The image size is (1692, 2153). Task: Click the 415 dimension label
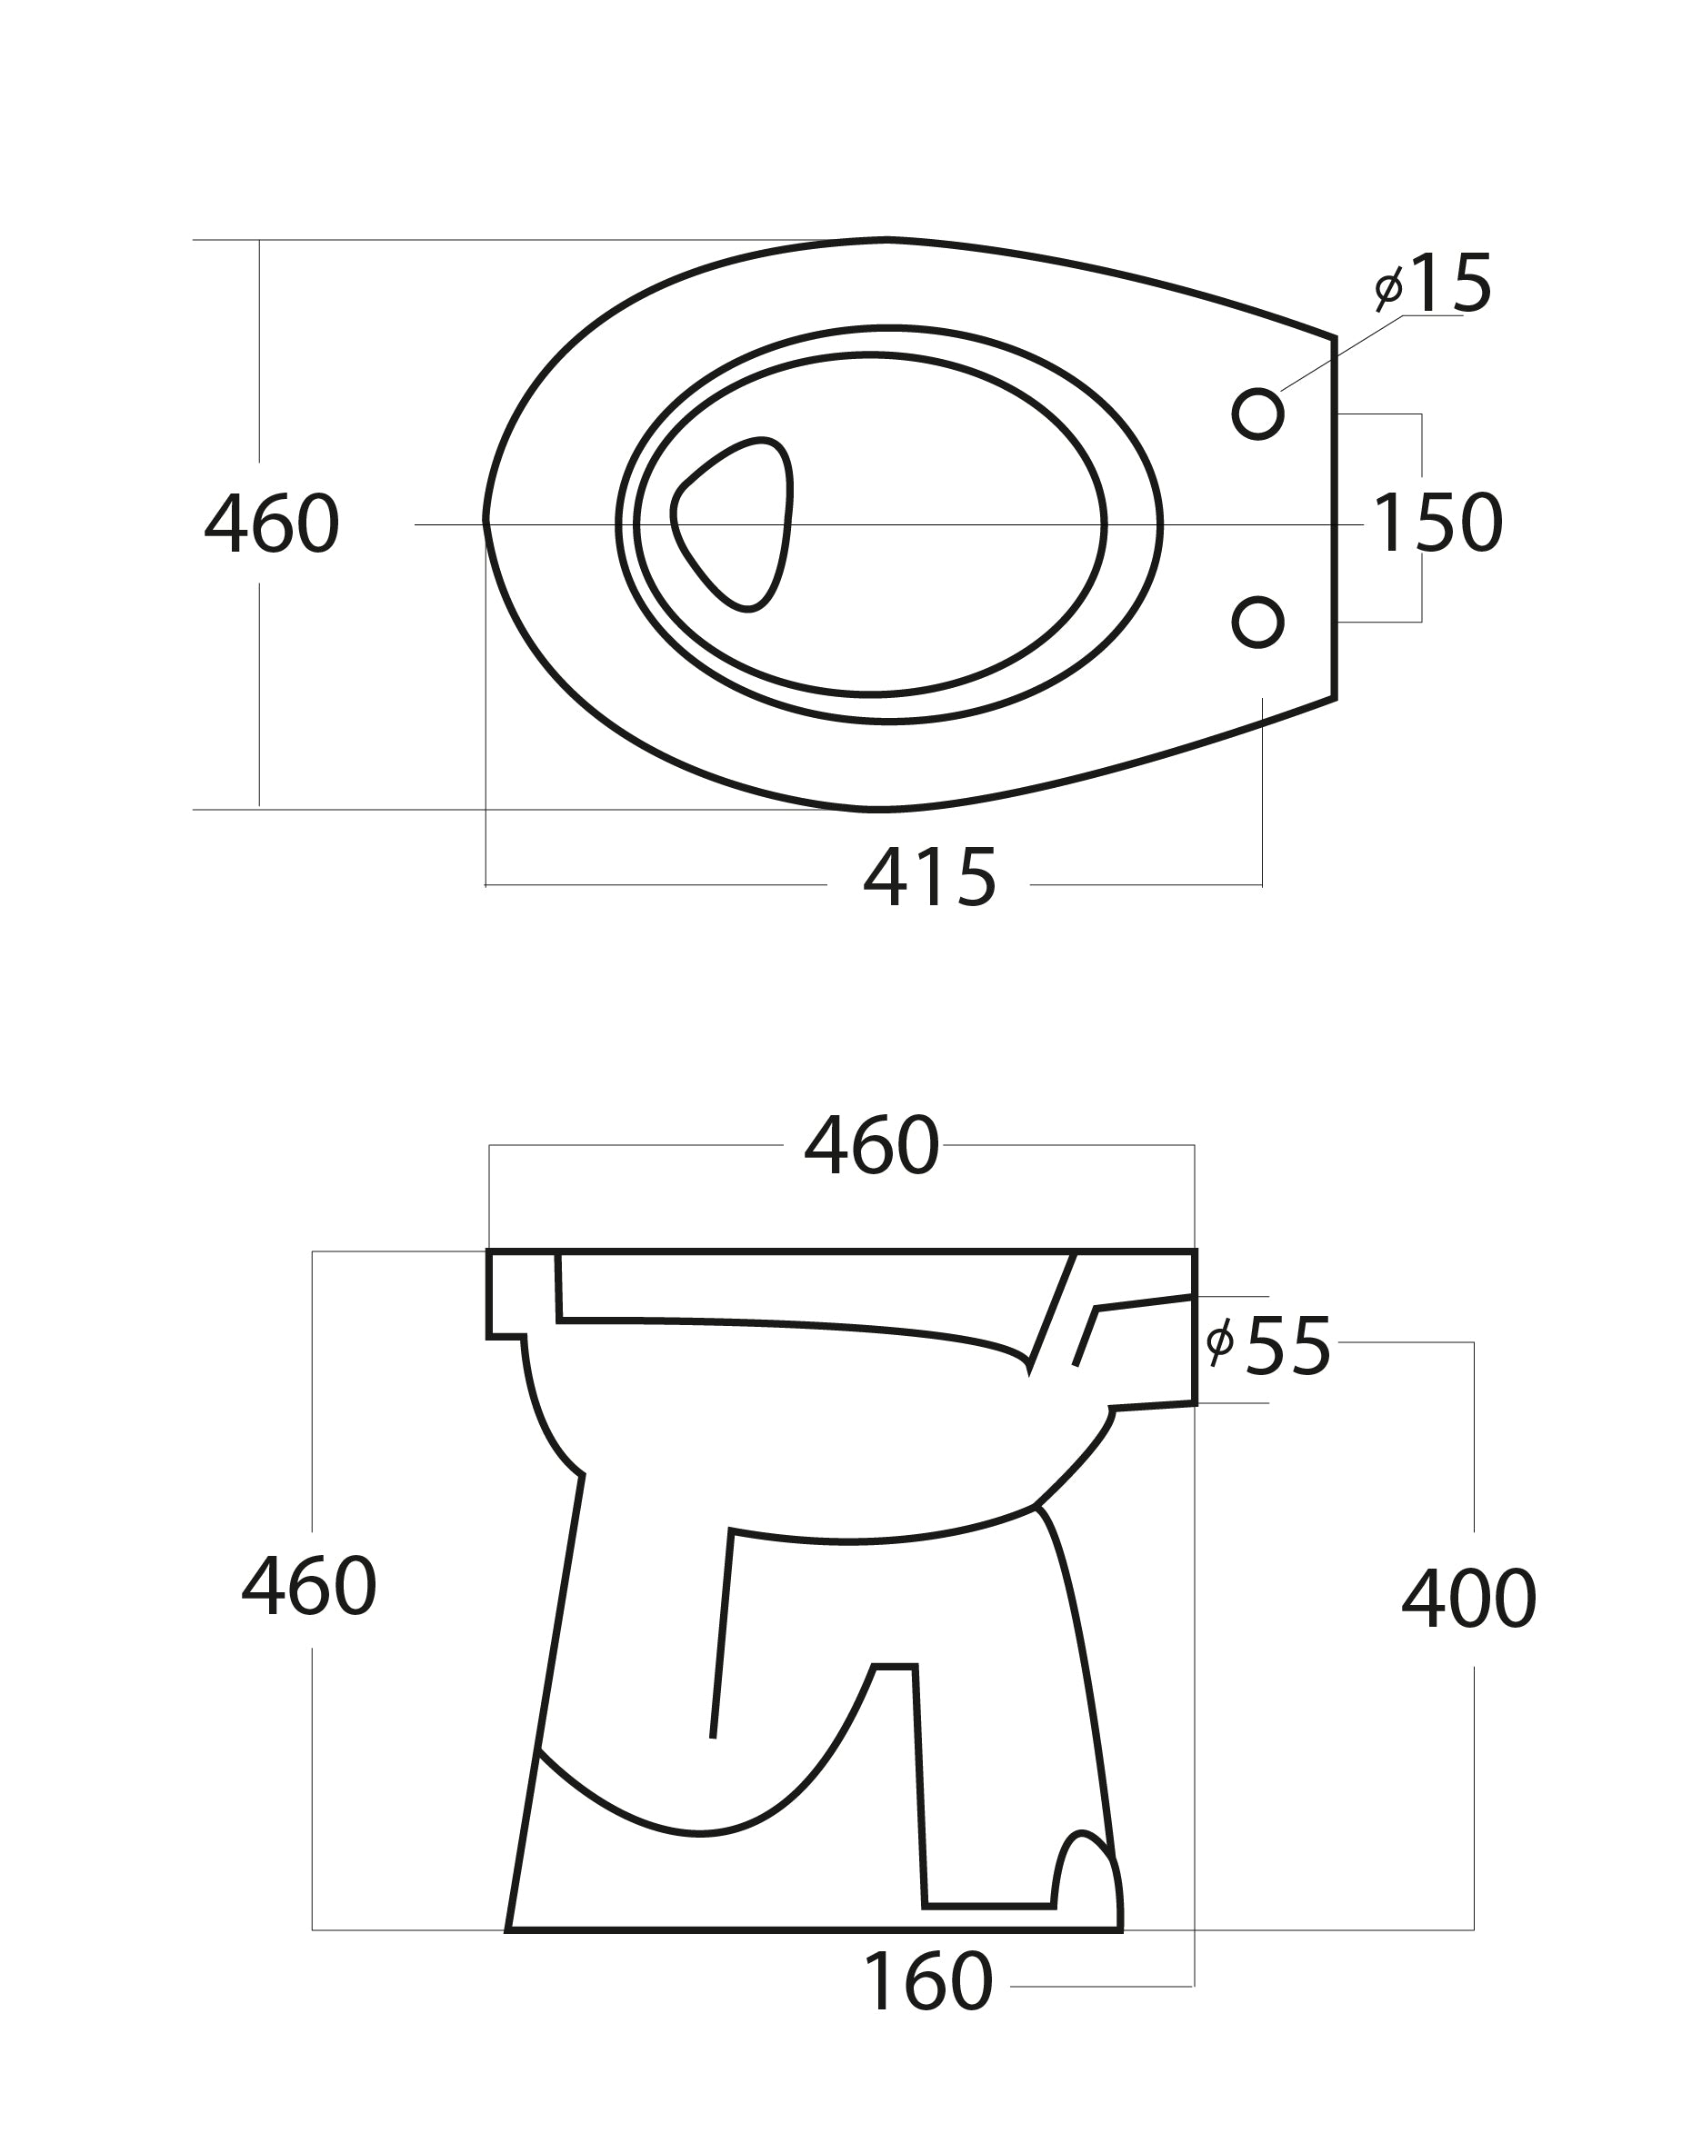[929, 877]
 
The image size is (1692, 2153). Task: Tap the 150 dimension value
[1437, 523]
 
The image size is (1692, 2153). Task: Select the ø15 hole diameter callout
[1433, 284]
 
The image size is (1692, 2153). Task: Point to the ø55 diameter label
[1268, 1347]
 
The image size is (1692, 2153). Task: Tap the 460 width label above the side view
[871, 1146]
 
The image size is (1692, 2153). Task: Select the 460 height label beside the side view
[309, 1586]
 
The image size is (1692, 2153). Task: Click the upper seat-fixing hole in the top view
[1258, 413]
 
